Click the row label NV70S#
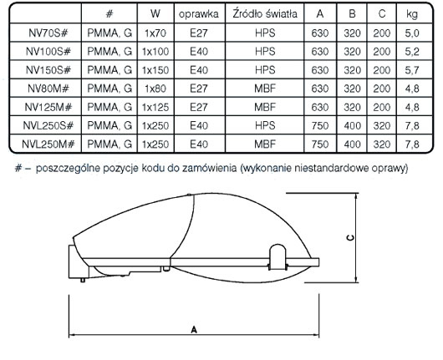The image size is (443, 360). [48, 33]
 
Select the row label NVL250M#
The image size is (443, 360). [48, 145]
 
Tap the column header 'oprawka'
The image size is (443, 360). [199, 14]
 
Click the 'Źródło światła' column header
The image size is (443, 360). [265, 13]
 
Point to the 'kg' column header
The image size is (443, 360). [412, 14]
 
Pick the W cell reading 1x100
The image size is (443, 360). [155, 52]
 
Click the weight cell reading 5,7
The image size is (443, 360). [412, 70]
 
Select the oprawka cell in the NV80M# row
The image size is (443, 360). [199, 89]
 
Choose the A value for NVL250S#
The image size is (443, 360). [320, 125]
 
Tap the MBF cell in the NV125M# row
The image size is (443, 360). [265, 107]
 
